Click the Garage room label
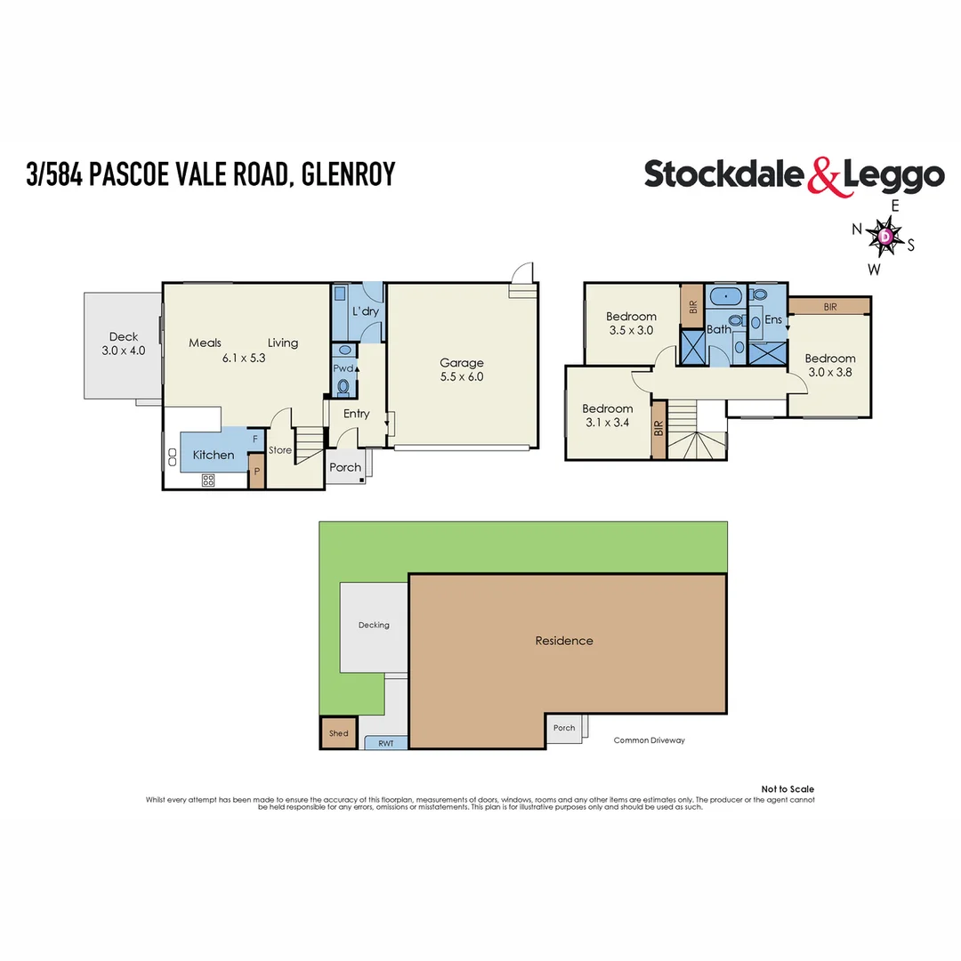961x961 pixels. [x=462, y=369]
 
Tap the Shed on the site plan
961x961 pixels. [x=338, y=733]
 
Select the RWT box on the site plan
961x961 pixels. [x=385, y=742]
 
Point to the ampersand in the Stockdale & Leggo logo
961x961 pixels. [x=823, y=176]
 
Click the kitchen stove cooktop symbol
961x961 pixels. [x=208, y=480]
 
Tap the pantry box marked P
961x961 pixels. [x=255, y=472]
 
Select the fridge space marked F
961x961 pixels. [x=255, y=440]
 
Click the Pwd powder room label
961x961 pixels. [x=343, y=367]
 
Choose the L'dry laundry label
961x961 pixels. [x=365, y=312]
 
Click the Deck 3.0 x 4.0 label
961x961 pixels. [x=124, y=343]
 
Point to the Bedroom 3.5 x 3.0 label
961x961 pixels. [x=631, y=323]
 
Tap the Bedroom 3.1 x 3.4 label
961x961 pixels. [x=607, y=416]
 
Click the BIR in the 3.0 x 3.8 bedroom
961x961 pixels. [x=829, y=306]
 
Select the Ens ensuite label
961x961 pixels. [x=772, y=319]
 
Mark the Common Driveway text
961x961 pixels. [x=650, y=740]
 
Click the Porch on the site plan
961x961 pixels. [x=564, y=728]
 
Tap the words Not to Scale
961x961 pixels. [x=787, y=789]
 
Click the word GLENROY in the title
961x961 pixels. [x=348, y=174]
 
